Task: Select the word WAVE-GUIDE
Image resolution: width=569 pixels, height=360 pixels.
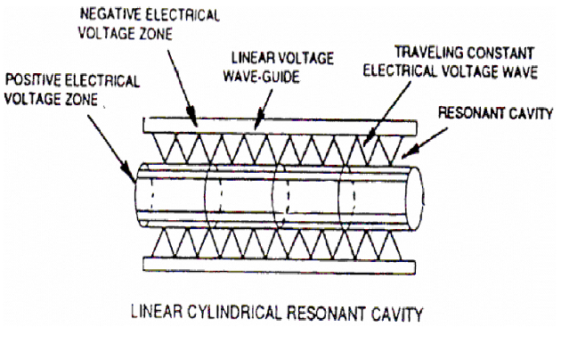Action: pos(261,77)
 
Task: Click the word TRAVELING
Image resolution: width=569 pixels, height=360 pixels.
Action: pos(428,53)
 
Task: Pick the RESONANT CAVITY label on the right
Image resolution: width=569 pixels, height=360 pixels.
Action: pos(495,113)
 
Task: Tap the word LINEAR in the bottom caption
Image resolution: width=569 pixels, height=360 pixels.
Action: pos(157,312)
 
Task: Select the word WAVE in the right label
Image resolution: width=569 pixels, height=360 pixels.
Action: pos(520,71)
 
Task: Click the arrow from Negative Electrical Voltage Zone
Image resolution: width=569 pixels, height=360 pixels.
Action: pos(182,88)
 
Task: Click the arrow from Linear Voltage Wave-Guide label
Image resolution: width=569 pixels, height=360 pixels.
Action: pos(263,110)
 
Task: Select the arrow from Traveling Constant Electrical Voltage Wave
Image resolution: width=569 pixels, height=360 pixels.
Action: pos(386,114)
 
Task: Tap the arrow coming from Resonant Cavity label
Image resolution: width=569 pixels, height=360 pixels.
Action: pos(424,143)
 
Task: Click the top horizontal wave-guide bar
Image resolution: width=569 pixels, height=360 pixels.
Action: pos(280,126)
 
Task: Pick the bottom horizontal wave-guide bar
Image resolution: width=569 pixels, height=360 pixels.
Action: pos(279,265)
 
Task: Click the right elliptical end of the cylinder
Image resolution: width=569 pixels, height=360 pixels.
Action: pos(415,199)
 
